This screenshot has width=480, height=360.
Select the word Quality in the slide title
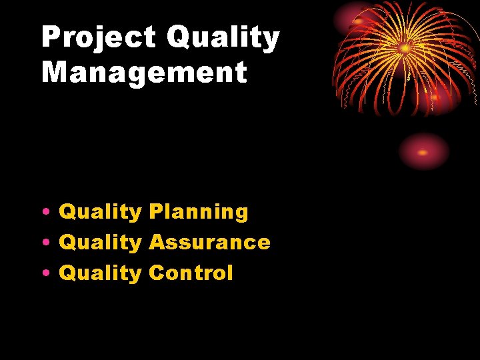click(x=223, y=38)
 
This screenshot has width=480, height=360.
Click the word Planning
click(x=198, y=212)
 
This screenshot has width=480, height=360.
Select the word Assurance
click(x=209, y=242)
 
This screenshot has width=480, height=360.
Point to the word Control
click(x=191, y=273)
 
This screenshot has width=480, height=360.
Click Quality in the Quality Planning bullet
click(x=100, y=212)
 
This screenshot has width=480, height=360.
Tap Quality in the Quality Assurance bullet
click(x=100, y=242)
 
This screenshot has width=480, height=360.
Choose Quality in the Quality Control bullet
click(x=100, y=273)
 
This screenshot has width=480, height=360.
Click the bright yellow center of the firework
click(x=405, y=48)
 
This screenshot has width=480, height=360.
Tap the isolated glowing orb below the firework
click(x=423, y=152)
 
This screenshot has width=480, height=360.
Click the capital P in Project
click(x=51, y=38)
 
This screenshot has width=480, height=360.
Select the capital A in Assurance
click(x=157, y=242)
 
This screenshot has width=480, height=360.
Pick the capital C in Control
click(x=157, y=273)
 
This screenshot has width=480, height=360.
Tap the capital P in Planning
click(x=155, y=212)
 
